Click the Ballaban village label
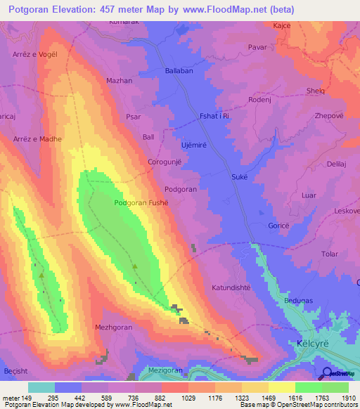[179, 72]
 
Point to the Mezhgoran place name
[112, 327]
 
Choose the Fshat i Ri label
[214, 116]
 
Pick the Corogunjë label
[165, 162]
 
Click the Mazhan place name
[119, 81]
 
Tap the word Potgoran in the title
[34, 9]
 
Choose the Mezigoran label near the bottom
[166, 370]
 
